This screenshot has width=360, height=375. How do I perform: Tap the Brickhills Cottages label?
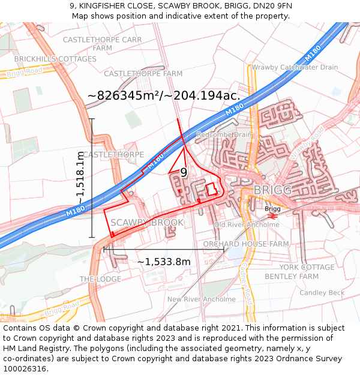[x=55, y=59]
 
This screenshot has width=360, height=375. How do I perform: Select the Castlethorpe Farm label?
[x=143, y=73]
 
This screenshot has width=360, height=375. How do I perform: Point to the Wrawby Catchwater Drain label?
[x=295, y=67]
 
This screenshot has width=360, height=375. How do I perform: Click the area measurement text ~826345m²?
[x=164, y=95]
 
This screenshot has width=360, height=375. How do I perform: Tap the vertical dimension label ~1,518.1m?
[x=80, y=178]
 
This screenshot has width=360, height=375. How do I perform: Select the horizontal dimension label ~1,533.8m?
[x=164, y=262]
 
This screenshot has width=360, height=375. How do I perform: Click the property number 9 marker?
[x=184, y=173]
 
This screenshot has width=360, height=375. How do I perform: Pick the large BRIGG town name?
[x=272, y=190]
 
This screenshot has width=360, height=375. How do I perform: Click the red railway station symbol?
[x=272, y=216]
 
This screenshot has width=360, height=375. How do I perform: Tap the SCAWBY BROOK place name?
[x=147, y=223]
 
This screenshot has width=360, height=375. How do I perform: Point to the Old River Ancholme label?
[x=247, y=224]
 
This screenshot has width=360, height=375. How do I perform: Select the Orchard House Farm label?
[x=245, y=244]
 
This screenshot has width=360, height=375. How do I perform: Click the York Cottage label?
[x=307, y=267]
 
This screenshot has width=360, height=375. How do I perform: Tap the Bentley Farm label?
[x=292, y=277]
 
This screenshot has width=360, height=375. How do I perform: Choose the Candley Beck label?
[x=322, y=293]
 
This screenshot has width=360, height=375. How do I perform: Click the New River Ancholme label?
[x=202, y=299]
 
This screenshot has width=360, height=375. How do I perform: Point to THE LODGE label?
[x=100, y=280]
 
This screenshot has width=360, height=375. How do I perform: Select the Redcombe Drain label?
[x=224, y=134]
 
